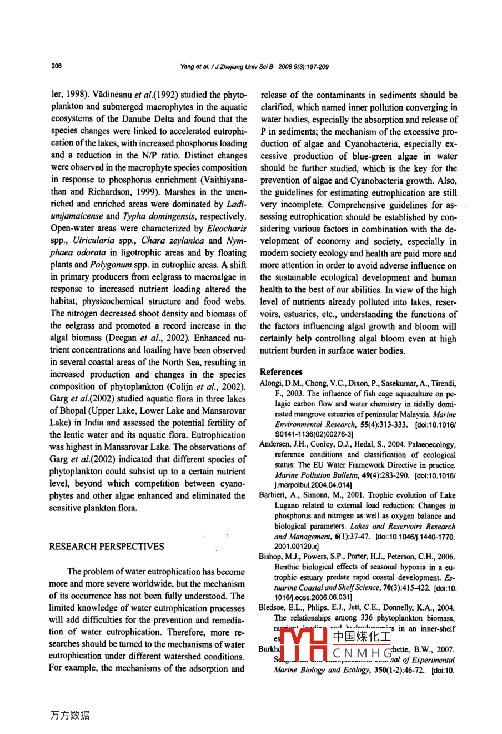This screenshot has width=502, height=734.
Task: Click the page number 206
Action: (56, 66)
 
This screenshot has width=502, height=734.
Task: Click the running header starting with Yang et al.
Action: (254, 67)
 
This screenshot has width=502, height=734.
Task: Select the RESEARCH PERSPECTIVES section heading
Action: (107, 547)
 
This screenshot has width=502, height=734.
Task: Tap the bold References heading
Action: (281, 372)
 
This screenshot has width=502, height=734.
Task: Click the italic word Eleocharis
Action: (227, 229)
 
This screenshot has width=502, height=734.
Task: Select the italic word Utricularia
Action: (93, 241)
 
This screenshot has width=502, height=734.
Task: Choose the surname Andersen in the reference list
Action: (276, 445)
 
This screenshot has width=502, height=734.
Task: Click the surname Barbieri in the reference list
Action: (274, 495)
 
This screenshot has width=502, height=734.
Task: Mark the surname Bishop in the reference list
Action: (271, 557)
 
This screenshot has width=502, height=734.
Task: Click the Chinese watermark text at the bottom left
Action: (69, 715)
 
